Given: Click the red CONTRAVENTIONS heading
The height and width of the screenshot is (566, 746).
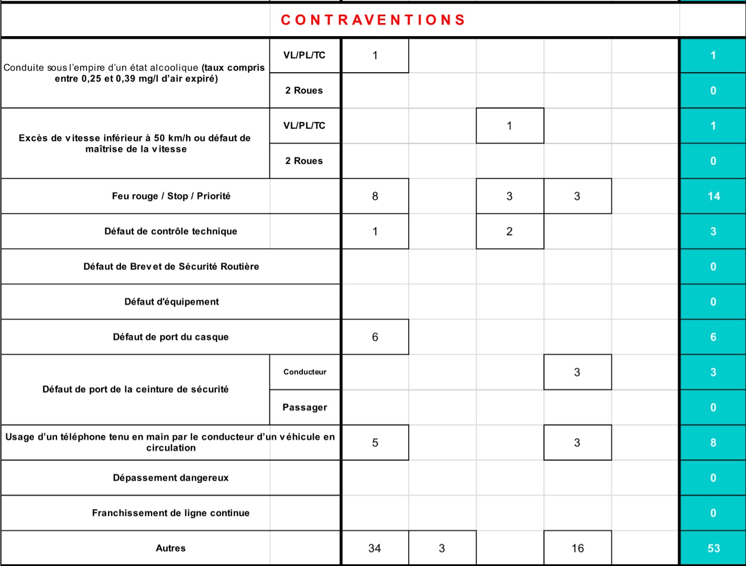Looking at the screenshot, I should pyautogui.click(x=373, y=20).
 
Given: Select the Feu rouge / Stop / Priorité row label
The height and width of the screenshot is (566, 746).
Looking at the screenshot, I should pyautogui.click(x=171, y=196).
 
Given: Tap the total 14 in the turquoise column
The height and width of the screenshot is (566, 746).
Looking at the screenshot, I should pyautogui.click(x=714, y=196).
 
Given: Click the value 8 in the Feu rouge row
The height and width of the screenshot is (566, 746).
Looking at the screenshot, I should pyautogui.click(x=375, y=196).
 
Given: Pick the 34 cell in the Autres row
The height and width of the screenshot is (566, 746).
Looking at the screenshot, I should pyautogui.click(x=375, y=548).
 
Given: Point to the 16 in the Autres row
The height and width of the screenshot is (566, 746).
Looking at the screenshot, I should pyautogui.click(x=577, y=548).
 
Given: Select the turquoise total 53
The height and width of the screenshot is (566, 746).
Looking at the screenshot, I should pyautogui.click(x=714, y=548).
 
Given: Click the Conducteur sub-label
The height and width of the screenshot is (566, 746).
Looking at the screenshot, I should pyautogui.click(x=305, y=372).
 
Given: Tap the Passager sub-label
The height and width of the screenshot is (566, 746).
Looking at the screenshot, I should pyautogui.click(x=305, y=407).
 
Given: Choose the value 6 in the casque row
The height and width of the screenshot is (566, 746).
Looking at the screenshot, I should pyautogui.click(x=375, y=337).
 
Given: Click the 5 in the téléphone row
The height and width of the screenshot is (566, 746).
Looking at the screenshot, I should pyautogui.click(x=375, y=443).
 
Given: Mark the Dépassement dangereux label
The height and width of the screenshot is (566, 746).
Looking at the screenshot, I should pyautogui.click(x=171, y=478).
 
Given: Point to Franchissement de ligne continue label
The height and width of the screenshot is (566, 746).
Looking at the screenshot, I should pyautogui.click(x=171, y=513).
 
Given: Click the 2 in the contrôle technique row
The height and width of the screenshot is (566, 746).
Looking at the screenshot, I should pyautogui.click(x=509, y=231).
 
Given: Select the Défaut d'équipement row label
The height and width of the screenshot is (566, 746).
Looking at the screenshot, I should pyautogui.click(x=171, y=302).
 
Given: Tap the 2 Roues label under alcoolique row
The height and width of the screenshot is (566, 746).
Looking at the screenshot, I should pyautogui.click(x=304, y=90).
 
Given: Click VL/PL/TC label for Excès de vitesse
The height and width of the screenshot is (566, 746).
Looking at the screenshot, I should pyautogui.click(x=304, y=126).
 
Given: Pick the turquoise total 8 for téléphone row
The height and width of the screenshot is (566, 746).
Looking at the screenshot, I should pyautogui.click(x=713, y=443).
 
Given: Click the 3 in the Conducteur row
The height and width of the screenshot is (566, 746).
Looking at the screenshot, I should pyautogui.click(x=577, y=372).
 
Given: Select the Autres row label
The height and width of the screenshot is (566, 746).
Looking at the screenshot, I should pyautogui.click(x=171, y=548).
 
